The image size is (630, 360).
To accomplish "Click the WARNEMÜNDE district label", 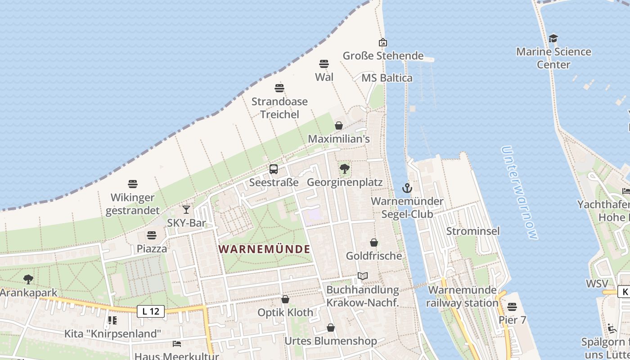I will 265,249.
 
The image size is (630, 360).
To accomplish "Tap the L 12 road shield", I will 151,311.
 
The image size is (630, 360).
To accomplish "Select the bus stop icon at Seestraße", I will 274,170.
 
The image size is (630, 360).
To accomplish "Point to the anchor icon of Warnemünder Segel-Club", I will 407,188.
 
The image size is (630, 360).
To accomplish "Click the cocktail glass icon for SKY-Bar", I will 186,210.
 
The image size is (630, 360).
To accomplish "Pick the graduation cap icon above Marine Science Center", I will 553,39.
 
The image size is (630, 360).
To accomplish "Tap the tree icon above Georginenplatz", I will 345,169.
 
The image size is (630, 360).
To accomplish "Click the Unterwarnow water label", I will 519,193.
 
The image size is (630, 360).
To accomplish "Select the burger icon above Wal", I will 324,64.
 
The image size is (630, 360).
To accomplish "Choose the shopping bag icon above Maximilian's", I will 339,126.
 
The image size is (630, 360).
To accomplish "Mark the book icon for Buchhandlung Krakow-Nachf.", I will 363,276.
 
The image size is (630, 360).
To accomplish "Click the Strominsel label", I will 473,231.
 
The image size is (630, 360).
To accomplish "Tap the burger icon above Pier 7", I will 512,307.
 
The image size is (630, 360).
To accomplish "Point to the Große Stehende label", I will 383,56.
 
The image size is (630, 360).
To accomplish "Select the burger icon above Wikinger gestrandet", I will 132,184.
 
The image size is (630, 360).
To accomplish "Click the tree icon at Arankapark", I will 28,279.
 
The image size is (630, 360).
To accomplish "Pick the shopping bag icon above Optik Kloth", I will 285,299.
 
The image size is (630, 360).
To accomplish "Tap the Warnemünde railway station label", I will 463,297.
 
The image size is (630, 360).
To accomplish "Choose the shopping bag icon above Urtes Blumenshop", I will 331,328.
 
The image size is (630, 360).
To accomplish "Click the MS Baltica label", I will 387,78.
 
